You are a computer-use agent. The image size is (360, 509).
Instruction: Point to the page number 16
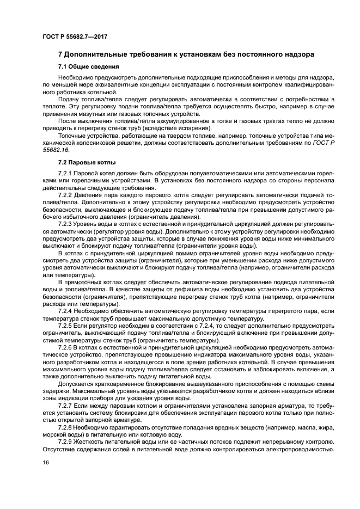pos(46,463)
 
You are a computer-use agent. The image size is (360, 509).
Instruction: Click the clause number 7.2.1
pos(66,174)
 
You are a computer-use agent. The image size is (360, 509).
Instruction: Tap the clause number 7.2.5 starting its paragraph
pos(66,324)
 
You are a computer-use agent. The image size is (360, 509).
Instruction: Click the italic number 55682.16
pos(56,150)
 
